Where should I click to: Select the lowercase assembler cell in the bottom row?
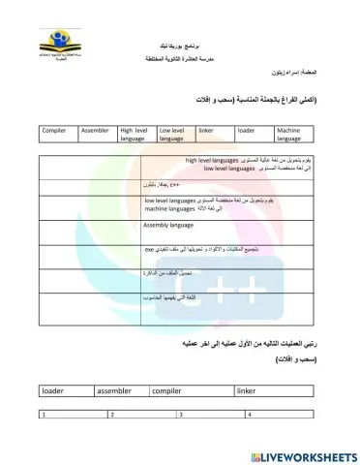pyautogui.click(x=117, y=390)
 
